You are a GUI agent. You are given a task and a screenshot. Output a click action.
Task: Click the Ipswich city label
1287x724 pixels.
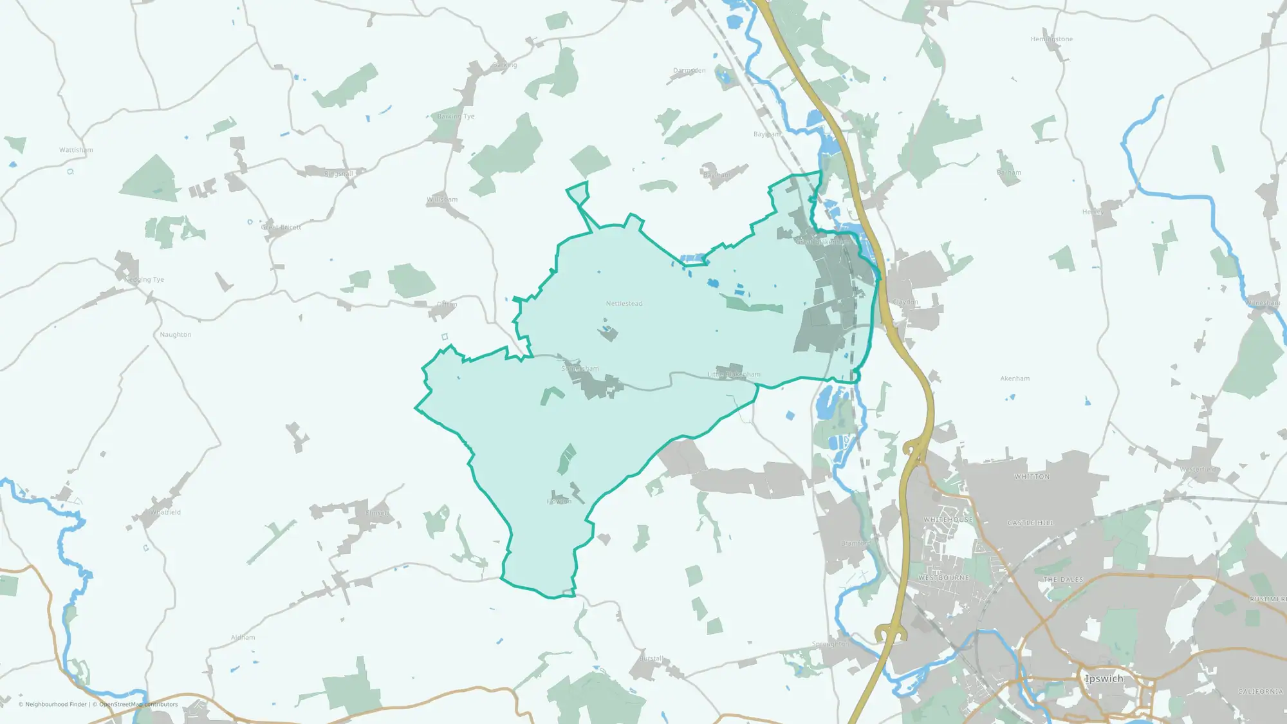1104,678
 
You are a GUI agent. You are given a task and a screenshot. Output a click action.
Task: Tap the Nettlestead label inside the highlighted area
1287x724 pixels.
624,303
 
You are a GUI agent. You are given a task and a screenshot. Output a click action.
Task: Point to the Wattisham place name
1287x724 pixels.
76,150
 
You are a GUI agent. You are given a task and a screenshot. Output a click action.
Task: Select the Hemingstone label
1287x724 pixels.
1051,39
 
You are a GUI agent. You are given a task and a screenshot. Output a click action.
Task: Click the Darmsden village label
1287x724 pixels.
689,70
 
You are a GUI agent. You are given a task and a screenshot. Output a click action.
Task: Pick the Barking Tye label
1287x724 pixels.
456,116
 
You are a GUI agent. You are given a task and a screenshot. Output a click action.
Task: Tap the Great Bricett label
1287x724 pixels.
281,227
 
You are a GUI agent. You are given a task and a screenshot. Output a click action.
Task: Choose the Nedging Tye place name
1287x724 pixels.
144,279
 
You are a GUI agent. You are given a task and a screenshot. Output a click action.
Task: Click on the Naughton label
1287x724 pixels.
176,335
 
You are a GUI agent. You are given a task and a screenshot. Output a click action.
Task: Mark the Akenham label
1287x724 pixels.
1015,378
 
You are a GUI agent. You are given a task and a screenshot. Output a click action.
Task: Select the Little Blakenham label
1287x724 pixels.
734,374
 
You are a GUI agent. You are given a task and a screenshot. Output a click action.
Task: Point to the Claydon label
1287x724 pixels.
905,302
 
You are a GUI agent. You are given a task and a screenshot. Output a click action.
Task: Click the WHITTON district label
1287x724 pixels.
1032,477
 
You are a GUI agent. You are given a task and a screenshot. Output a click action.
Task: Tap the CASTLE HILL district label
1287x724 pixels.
1030,523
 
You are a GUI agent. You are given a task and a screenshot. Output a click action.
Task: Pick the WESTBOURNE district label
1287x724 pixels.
943,578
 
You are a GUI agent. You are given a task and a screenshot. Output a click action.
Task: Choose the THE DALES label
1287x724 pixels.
1063,580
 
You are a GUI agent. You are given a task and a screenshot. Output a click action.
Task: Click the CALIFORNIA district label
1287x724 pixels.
1260,691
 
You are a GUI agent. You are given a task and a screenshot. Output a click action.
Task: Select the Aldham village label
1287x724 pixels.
243,637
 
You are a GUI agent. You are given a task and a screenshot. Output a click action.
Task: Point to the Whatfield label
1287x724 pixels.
165,512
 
